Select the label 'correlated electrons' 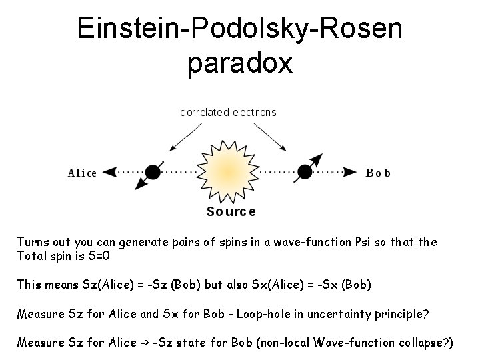(x=228, y=112)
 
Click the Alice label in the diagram (x=82, y=173)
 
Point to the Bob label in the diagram (x=379, y=173)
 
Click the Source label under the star (x=231, y=212)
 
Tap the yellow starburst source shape (x=229, y=173)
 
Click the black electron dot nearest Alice (x=153, y=173)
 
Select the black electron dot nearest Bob (x=305, y=173)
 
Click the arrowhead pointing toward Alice (x=110, y=173)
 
